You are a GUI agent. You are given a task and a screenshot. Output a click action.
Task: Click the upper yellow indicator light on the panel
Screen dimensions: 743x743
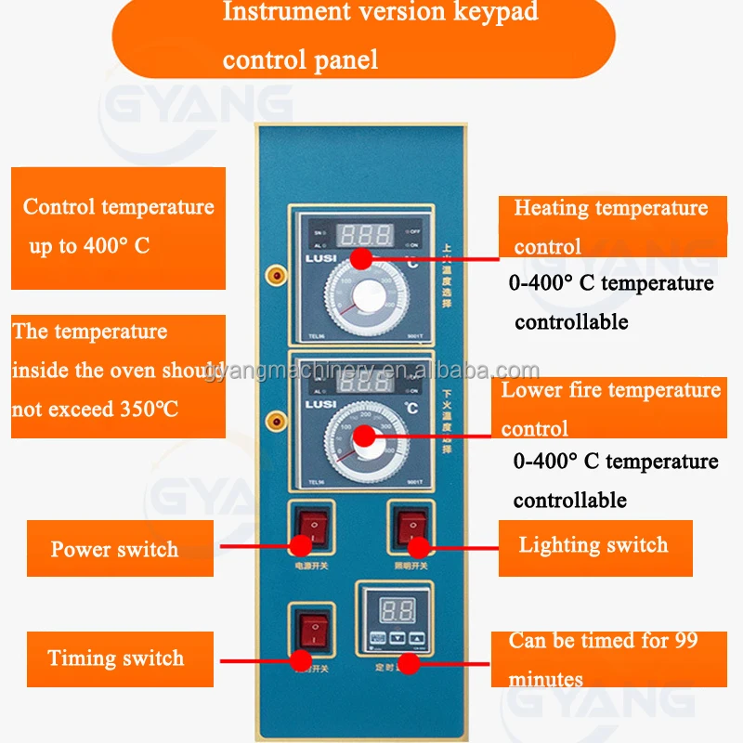[275, 275]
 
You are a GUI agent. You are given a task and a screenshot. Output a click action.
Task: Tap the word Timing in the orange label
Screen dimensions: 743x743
[80, 658]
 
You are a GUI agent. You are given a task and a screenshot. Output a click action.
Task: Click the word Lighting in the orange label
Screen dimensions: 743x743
[557, 544]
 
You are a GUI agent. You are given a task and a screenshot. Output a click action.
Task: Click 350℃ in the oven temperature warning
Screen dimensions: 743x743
[148, 409]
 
